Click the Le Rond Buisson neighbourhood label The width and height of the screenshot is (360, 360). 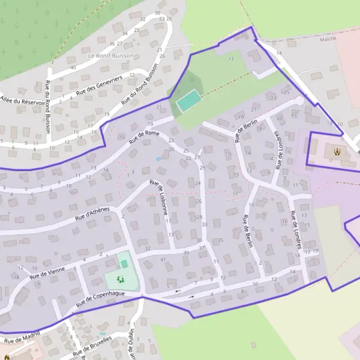[110, 55]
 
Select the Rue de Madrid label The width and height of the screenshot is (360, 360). [22, 337]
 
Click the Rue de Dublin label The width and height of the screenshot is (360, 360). [131, 344]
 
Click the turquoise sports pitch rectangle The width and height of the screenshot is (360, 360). [188, 100]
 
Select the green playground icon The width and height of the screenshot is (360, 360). [119, 279]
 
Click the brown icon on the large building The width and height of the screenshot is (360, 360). [337, 152]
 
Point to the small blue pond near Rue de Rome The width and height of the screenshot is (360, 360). [158, 160]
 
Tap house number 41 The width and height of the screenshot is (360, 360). [163, 259]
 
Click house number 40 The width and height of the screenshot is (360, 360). [73, 67]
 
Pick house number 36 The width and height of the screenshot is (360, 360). [112, 44]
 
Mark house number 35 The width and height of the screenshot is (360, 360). [220, 240]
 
